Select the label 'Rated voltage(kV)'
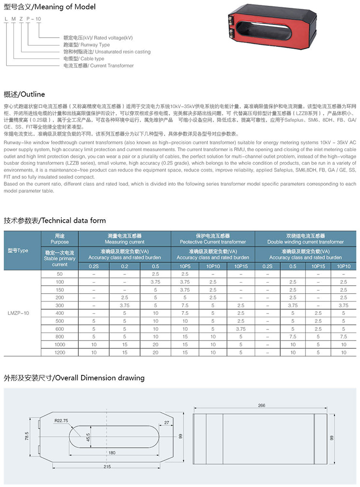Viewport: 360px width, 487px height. [x=98, y=38]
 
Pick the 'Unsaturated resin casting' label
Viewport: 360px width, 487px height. [x=107, y=52]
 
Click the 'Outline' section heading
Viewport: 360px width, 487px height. [x=24, y=94]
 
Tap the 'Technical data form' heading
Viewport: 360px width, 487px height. [x=55, y=220]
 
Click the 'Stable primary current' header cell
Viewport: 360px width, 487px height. [x=59, y=258]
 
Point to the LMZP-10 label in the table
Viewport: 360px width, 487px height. [x=18, y=314]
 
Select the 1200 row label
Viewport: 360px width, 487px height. [x=59, y=353]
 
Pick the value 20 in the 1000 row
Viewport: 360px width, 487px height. [x=155, y=345]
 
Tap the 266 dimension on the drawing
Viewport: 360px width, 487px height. [x=262, y=406]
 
